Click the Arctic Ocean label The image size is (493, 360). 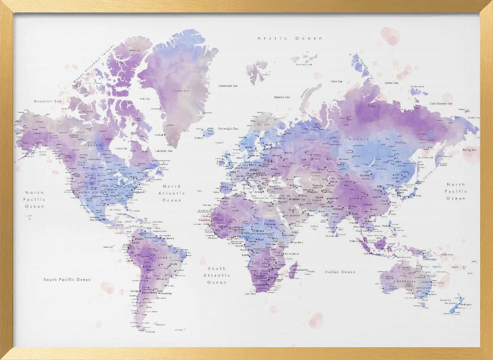[290, 38]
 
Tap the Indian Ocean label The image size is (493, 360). [340, 272]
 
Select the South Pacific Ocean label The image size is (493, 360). [67, 280]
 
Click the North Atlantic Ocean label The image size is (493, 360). [172, 193]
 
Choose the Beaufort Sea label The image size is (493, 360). [48, 101]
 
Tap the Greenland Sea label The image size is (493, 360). [228, 86]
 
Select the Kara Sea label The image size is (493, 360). [337, 81]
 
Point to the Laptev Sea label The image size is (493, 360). [392, 83]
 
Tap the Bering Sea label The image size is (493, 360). [469, 149]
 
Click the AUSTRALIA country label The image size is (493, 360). [403, 282]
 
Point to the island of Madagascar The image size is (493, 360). [293, 270]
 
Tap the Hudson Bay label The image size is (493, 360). [121, 148]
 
